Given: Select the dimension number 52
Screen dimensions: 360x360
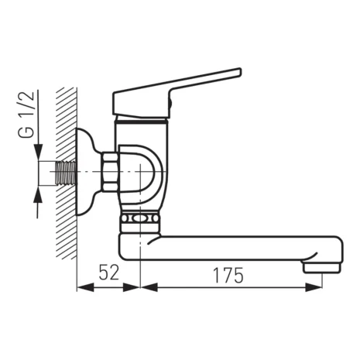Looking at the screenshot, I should click(109, 274).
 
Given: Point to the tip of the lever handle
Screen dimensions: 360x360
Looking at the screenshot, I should click(238, 73).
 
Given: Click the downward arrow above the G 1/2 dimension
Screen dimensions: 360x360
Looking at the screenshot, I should click(37, 152).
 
